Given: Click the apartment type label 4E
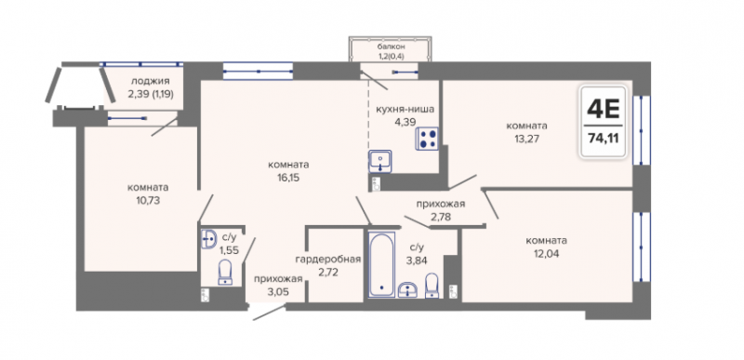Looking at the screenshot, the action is [604, 109].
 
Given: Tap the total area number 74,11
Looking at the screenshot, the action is [604, 139].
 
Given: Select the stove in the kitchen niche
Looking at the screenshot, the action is [427, 139].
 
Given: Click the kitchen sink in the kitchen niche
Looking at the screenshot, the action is [380, 161].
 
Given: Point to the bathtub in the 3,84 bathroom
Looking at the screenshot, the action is [381, 264].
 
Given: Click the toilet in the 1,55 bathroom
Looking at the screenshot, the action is [225, 273].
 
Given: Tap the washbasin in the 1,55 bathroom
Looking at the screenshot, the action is [208, 239].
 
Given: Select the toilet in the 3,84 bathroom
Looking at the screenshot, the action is [432, 286].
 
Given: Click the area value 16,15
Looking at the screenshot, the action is [287, 178].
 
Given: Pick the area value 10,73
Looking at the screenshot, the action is [148, 200].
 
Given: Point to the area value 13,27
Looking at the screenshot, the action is [526, 139].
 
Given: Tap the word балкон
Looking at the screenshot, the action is [391, 47].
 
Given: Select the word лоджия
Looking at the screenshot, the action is [150, 81].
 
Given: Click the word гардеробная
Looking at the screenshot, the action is [328, 260].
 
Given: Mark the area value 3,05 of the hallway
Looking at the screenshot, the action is [278, 291].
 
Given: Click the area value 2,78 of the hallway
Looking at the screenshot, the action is [440, 217].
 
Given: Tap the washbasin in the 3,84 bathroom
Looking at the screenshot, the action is [408, 290].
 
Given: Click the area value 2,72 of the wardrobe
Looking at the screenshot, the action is [328, 273].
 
